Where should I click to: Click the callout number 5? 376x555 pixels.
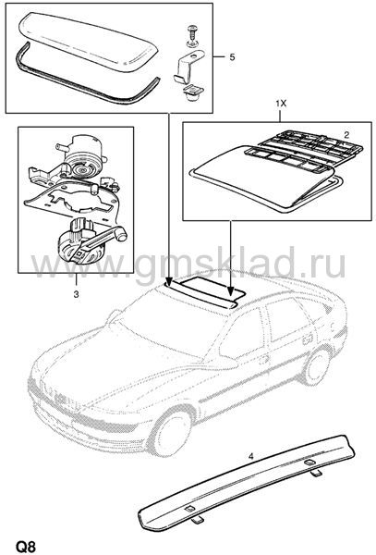(232, 56)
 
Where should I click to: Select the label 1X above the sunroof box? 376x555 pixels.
(281, 104)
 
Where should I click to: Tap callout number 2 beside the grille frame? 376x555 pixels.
(346, 134)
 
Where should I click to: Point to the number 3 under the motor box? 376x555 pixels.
(76, 294)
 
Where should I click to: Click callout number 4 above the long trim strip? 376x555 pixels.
(251, 457)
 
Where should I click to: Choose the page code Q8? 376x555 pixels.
(25, 546)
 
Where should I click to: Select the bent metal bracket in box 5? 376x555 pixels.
(188, 67)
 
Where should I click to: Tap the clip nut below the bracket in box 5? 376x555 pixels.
(191, 93)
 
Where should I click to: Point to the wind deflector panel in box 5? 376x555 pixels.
(89, 39)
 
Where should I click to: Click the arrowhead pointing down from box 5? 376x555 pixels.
(168, 281)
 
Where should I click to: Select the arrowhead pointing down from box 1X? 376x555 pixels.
(231, 291)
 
